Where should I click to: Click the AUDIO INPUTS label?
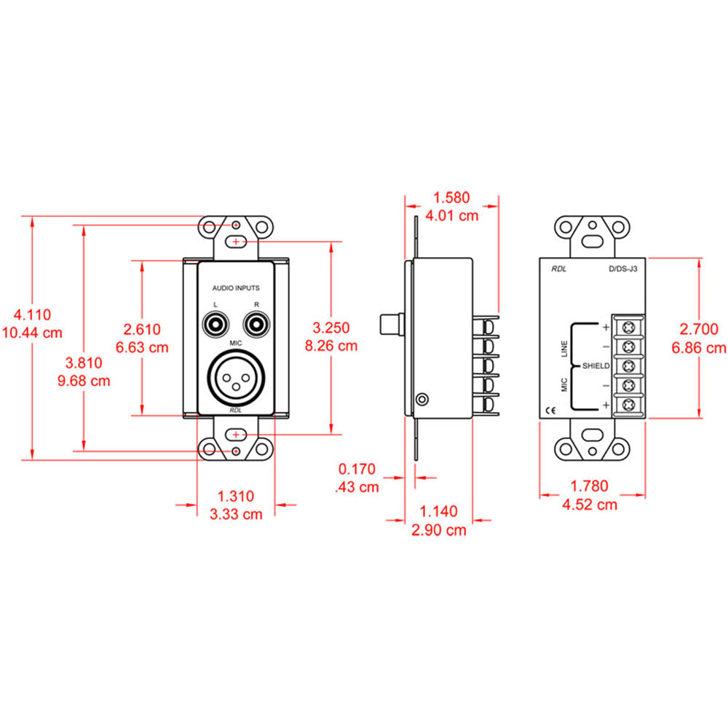[x=235, y=288]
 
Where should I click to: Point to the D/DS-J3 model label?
[x=623, y=269]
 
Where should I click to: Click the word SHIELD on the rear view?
[x=593, y=366]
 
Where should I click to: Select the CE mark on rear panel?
[x=551, y=411]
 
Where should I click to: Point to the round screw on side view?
[x=421, y=399]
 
